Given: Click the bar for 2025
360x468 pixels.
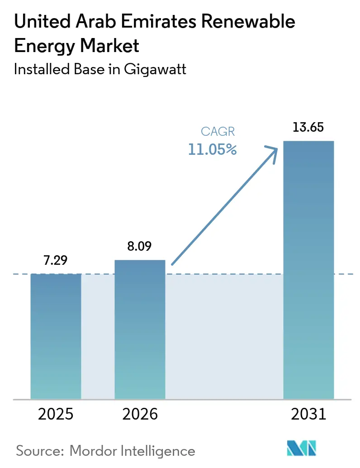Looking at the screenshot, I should coord(56,336).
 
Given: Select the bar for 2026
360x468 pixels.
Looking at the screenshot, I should coord(140,329).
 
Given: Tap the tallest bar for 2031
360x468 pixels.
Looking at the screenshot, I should coord(308,270).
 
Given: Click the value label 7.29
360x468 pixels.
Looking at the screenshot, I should coord(56,261).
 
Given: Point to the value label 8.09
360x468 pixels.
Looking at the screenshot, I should coord(140,247).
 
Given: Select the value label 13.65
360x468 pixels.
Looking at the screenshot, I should coord(308,127).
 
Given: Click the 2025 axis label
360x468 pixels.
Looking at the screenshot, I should coord(56,414).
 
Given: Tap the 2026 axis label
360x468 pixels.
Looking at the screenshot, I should coord(140,414).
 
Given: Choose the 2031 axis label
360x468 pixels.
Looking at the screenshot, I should coord(308,414).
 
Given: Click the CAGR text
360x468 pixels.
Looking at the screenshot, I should coord(218,132).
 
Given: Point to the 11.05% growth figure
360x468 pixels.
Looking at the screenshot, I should coord(212,149).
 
